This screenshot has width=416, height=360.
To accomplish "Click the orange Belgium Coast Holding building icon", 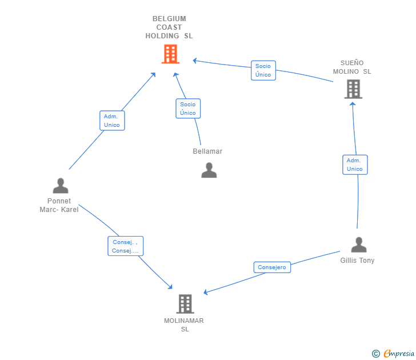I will coord(170,54).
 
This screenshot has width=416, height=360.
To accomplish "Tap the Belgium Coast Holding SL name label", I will coord(169,27).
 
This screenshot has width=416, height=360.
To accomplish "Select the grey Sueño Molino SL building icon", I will coord(353,89).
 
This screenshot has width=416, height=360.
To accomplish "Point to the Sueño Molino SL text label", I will coord(352,67).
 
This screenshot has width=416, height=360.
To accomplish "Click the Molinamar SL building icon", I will coord(185,303).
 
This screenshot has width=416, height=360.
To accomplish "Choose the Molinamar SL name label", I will coord(184,325).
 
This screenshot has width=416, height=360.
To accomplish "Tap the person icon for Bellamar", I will coord(209,170).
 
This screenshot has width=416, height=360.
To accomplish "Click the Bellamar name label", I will coord(207,151).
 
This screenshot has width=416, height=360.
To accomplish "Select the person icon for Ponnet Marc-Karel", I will coord(60,186).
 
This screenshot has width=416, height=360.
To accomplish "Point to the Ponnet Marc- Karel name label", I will coord(59,205).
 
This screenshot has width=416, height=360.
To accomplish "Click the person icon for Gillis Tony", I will coord(358,245).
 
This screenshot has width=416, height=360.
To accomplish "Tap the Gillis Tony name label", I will coord(357,261).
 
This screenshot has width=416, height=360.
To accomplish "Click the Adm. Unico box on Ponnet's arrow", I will coord(112,121).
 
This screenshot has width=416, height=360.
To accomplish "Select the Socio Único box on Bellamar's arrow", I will coord(188,109).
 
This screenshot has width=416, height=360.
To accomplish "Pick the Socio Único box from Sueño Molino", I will coord(263,70).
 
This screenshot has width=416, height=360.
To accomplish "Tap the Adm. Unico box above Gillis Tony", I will coord(355,165).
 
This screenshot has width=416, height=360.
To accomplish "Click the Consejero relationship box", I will coord(272,267).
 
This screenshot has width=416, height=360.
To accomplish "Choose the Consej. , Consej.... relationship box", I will coord(125,246).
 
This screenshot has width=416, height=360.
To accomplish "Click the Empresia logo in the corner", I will coord(398,354).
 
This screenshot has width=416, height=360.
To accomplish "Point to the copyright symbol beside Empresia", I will coord(376,354).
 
